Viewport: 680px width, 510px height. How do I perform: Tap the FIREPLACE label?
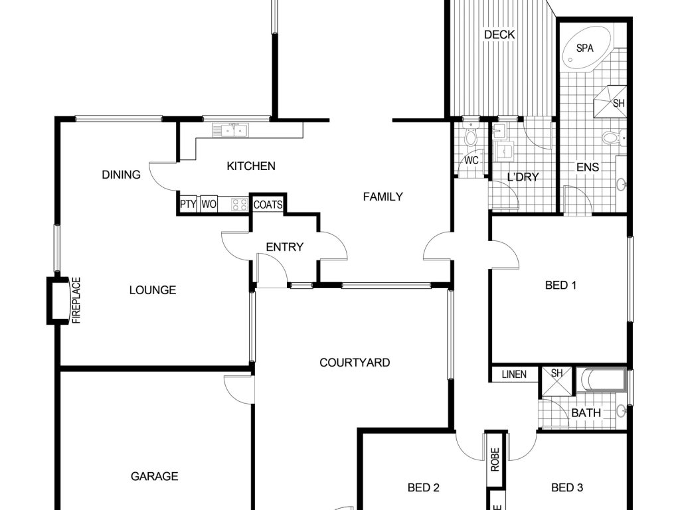(x=76, y=301)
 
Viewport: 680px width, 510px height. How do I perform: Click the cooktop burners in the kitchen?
(x=239, y=205)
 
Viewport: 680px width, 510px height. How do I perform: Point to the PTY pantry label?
(x=188, y=205)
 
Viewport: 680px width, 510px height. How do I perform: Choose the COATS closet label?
(x=268, y=205)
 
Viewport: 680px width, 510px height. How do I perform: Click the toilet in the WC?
(x=471, y=135)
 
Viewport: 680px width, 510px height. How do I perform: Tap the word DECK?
(x=499, y=35)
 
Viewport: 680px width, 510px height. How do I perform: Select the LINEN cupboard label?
(x=514, y=375)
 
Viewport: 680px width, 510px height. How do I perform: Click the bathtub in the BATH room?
(x=600, y=380)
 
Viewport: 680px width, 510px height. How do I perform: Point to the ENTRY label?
(x=284, y=247)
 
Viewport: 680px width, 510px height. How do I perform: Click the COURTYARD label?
(x=355, y=363)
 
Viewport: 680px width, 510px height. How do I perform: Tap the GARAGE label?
(x=154, y=477)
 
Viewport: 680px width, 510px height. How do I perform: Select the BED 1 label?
(x=560, y=286)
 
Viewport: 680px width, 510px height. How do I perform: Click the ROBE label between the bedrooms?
(x=495, y=460)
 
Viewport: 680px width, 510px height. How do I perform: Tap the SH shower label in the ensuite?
(x=619, y=104)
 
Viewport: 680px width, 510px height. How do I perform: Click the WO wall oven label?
(x=209, y=205)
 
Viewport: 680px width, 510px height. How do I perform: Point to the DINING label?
(x=121, y=175)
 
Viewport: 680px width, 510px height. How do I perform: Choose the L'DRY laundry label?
(x=523, y=177)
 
